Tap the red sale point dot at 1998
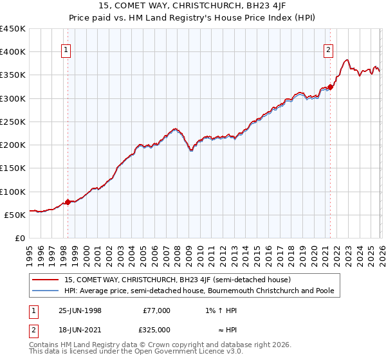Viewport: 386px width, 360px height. coord(68,202)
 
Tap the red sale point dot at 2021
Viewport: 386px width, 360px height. coord(330,87)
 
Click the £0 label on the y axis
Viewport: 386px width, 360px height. coord(19,238)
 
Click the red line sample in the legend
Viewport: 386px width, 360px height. coord(46,280)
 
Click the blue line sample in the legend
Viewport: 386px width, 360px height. coord(46,291)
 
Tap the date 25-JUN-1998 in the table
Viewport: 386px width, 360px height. coord(80,310)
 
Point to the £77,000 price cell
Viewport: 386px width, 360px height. coord(157,310)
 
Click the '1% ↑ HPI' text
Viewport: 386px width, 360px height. coord(225,310)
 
